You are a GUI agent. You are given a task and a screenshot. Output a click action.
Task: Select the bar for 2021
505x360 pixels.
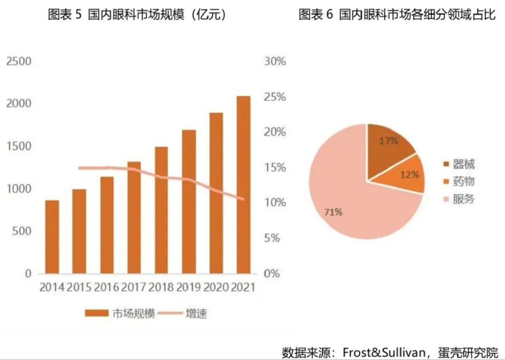[243, 185]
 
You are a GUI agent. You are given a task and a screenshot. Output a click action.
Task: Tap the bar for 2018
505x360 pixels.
[161, 210]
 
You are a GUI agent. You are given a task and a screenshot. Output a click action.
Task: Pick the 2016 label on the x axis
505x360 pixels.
[106, 287]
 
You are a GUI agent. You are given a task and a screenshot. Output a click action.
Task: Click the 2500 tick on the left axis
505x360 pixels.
[19, 61]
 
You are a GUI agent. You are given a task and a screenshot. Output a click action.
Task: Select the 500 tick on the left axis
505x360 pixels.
[22, 231]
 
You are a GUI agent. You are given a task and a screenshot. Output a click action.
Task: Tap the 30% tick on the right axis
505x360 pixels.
[274, 61]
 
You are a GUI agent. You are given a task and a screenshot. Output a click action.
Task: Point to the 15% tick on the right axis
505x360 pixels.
[274, 167]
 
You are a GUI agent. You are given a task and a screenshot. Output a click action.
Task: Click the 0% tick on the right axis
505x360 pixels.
[272, 274]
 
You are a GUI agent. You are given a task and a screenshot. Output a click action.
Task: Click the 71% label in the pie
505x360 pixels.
[333, 212]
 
